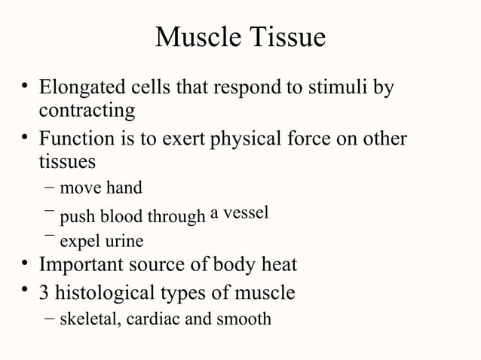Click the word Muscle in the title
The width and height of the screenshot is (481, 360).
click(x=197, y=38)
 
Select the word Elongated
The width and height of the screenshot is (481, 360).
click(x=84, y=89)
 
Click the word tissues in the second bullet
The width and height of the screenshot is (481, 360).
click(x=67, y=161)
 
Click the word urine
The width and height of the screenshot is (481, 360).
click(x=124, y=242)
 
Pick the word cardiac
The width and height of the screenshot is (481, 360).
click(x=151, y=319)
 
